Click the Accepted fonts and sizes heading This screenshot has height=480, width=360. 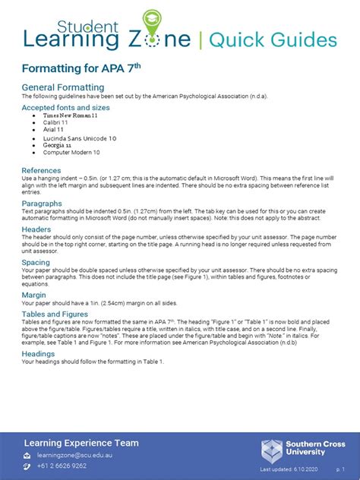(x=65, y=108)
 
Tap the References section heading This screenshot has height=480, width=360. (x=41, y=170)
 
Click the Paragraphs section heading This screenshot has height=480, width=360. (x=42, y=204)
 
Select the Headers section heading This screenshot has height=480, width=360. (x=36, y=229)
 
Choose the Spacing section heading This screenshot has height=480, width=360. (x=36, y=263)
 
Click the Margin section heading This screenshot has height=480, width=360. (x=33, y=295)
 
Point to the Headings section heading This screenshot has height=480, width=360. (x=38, y=353)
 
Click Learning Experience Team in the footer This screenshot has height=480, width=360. (x=81, y=443)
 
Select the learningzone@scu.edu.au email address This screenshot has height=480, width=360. (x=74, y=455)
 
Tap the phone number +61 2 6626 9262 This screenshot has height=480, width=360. (x=62, y=466)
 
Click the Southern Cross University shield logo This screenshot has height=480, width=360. (x=272, y=450)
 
